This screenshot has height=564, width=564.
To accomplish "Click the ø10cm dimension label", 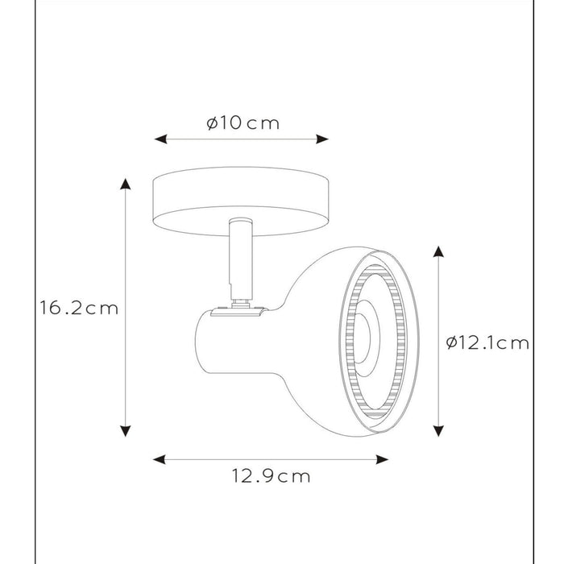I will click(x=242, y=123).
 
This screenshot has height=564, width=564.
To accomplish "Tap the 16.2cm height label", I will click(x=79, y=308).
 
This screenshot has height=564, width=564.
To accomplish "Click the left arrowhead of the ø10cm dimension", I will click(x=160, y=139).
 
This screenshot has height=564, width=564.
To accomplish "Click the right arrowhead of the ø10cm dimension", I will click(x=324, y=139).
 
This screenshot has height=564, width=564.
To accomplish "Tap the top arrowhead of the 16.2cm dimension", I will click(x=125, y=183).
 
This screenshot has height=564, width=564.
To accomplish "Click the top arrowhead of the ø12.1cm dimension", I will click(x=438, y=252).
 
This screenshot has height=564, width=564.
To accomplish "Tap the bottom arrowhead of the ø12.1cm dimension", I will click(x=438, y=431).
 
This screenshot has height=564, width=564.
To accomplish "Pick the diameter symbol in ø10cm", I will click(x=211, y=123).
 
